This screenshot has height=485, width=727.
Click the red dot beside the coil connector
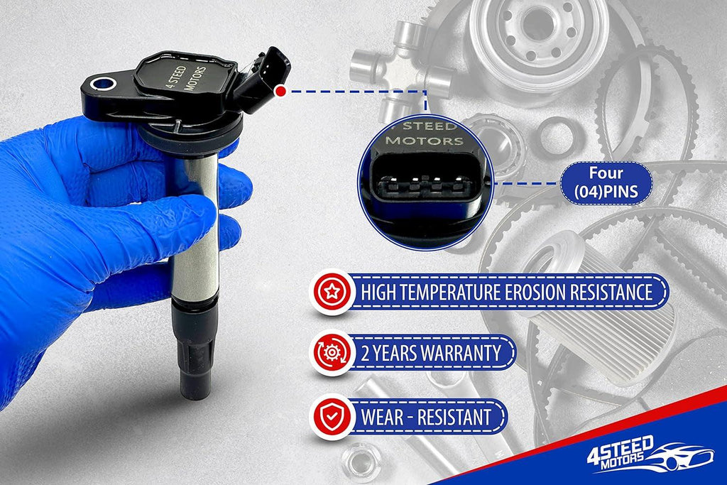pyautogui.click(x=280, y=92)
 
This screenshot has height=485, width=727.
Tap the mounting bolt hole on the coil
pyautogui.click(x=104, y=85)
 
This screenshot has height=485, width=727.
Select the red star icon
pyautogui.click(x=332, y=292)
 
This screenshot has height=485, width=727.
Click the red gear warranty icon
pyautogui.click(x=332, y=353)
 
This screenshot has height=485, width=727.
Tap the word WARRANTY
pyautogui.click(x=461, y=354)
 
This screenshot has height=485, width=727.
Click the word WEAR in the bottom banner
pyautogui.click(x=383, y=416)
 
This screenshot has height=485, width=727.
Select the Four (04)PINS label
pyautogui.click(x=606, y=182)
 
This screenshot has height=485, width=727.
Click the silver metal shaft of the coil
pyautogui.click(x=195, y=227)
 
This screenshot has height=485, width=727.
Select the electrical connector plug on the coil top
pyautogui.click(x=263, y=79)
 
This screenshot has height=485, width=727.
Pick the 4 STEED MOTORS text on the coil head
pyautogui.click(x=185, y=77)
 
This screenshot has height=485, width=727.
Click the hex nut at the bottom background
pyautogui.click(x=361, y=462)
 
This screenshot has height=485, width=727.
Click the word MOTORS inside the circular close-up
pyautogui.click(x=425, y=140)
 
